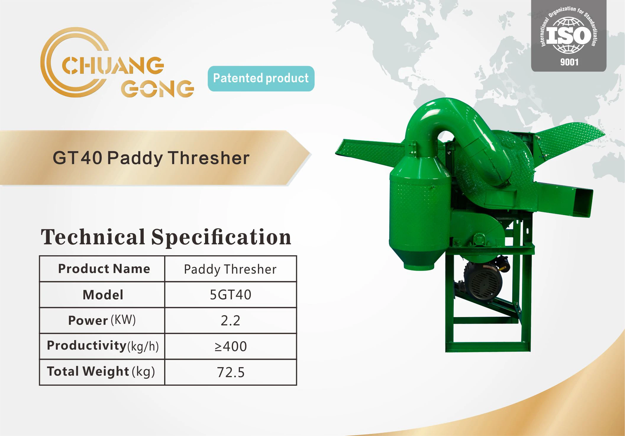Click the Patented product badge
click(x=261, y=78)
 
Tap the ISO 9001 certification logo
click(x=569, y=36)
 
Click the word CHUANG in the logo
click(x=113, y=65)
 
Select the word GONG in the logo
click(x=157, y=88)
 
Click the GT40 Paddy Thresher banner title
click(x=151, y=158)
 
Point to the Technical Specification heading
click(x=166, y=237)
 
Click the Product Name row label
click(x=104, y=269)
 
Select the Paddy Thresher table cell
click(x=230, y=269)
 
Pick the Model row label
click(x=103, y=295)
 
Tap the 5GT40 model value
click(x=230, y=295)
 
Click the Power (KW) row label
click(x=102, y=320)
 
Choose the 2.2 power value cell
click(x=230, y=321)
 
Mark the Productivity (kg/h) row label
click(x=103, y=346)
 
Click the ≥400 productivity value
click(x=230, y=346)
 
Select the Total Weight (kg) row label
click(x=101, y=372)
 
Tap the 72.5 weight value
click(x=231, y=372)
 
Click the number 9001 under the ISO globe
click(x=569, y=62)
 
